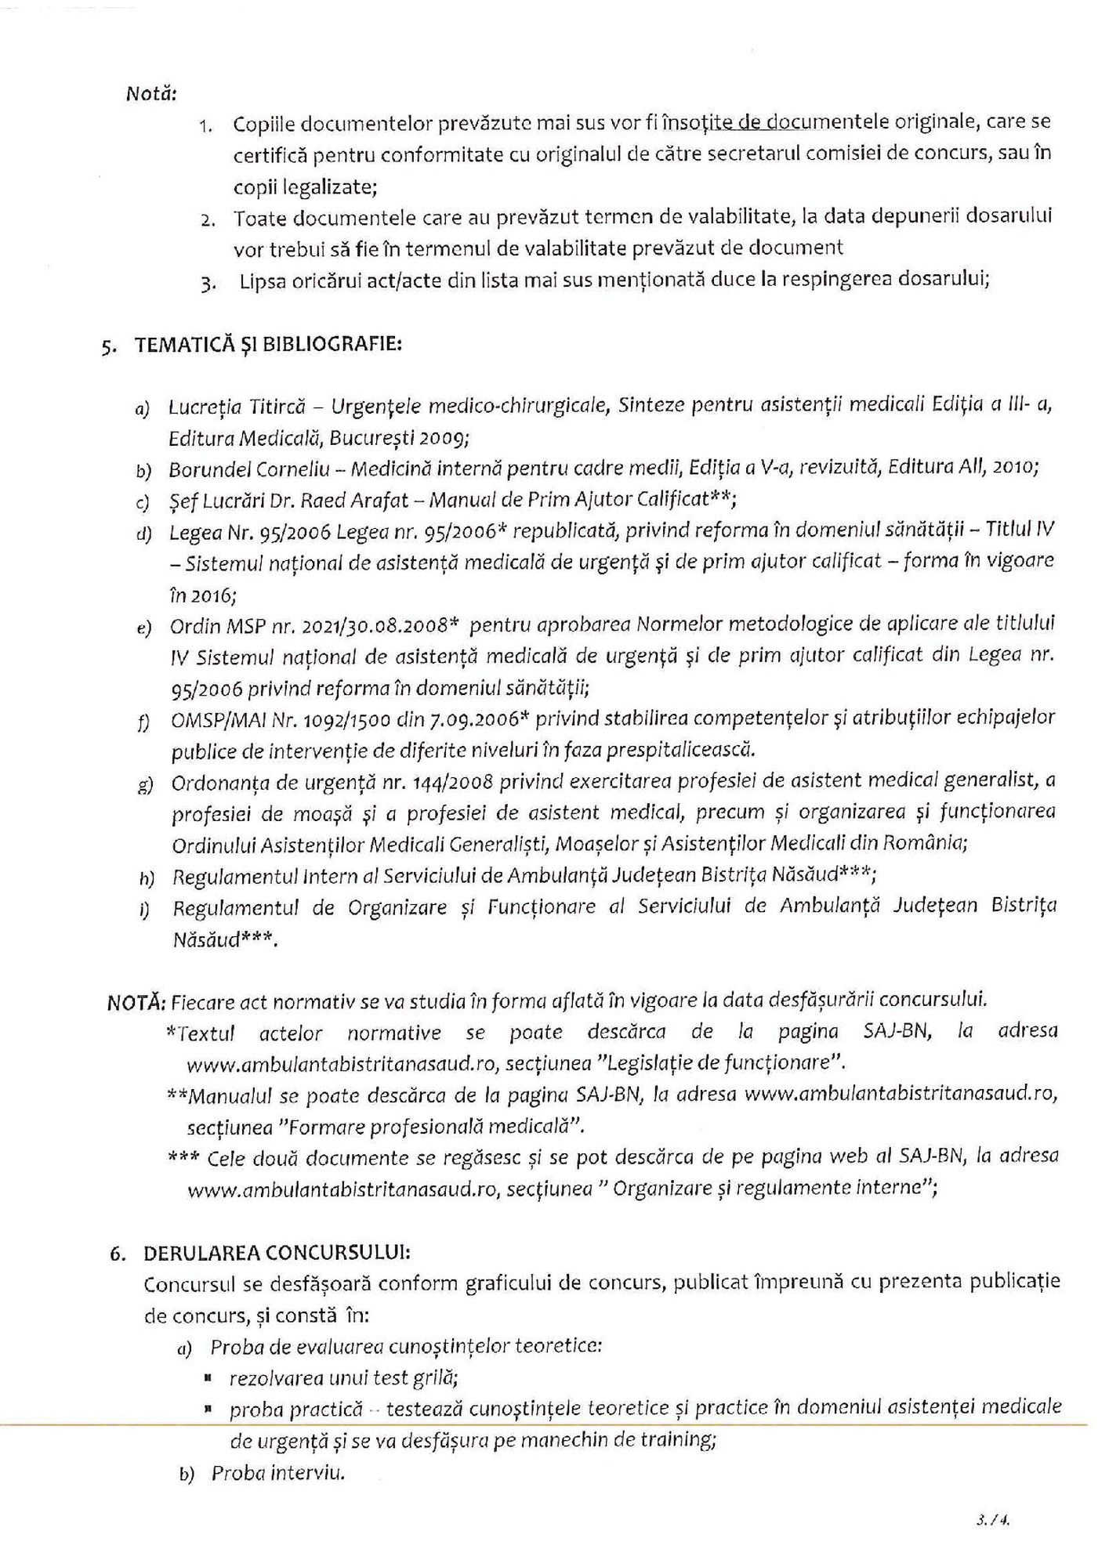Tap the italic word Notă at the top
coord(150,94)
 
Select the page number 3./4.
coord(991,1521)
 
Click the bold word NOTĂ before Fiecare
coord(136,1001)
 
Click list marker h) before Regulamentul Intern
coord(147,878)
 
